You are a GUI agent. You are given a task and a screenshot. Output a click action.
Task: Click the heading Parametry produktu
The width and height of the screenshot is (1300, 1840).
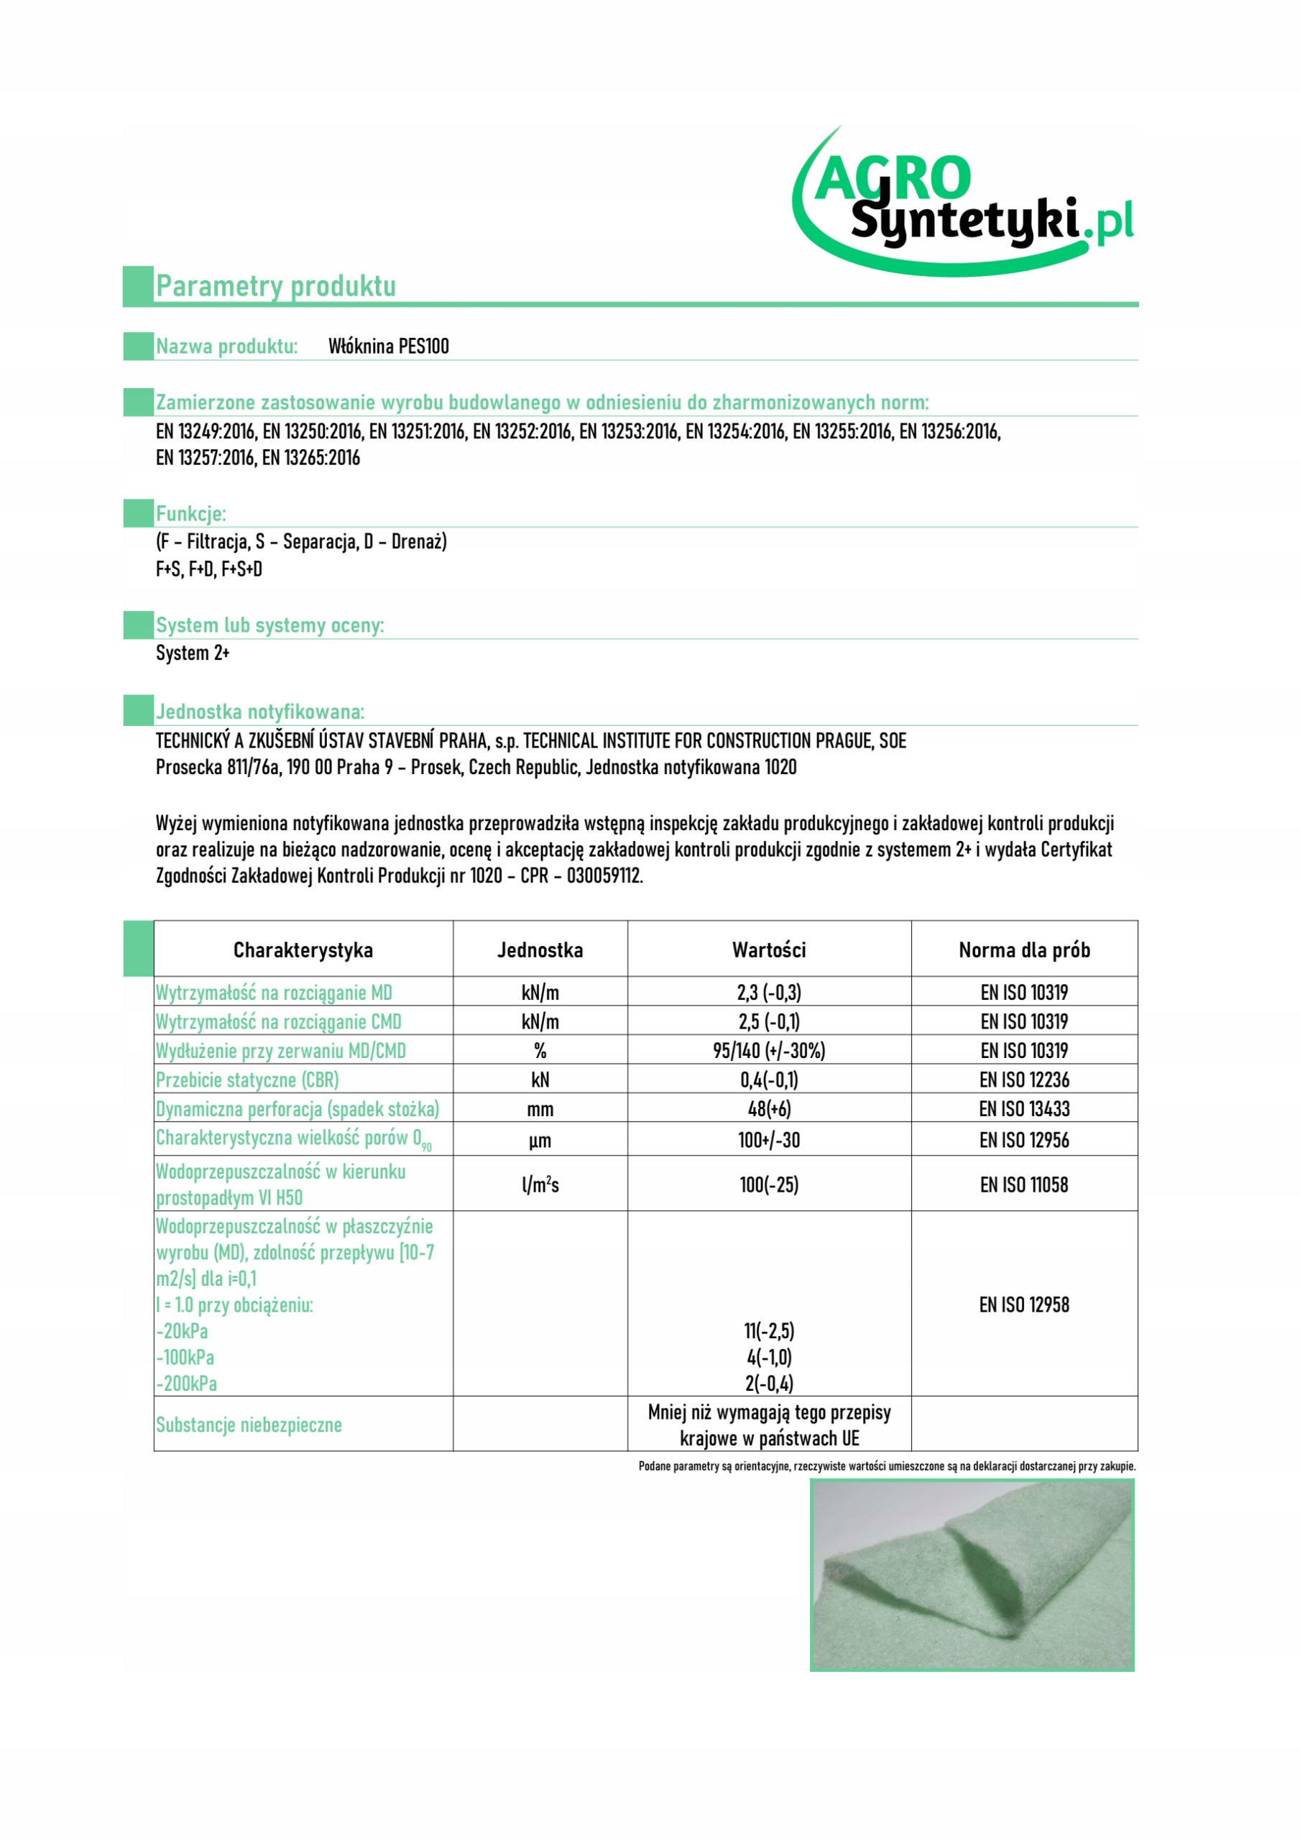(x=276, y=286)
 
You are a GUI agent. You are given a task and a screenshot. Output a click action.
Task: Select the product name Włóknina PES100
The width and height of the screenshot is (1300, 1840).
(x=389, y=346)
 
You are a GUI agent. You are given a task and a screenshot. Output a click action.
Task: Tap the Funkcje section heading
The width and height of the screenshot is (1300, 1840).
(x=190, y=514)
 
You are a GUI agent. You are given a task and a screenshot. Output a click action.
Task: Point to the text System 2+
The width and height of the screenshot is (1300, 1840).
(x=193, y=653)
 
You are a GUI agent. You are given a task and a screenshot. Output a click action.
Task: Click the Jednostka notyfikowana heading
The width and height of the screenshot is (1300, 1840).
(x=259, y=712)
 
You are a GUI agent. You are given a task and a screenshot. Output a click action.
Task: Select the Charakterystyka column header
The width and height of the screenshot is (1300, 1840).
(x=303, y=949)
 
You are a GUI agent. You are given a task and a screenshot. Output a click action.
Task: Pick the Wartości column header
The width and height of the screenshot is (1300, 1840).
(x=769, y=949)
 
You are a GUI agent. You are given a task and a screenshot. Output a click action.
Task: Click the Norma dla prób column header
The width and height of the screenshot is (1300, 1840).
(x=1023, y=949)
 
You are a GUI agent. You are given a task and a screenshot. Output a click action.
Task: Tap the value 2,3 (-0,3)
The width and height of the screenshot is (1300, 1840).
(x=769, y=993)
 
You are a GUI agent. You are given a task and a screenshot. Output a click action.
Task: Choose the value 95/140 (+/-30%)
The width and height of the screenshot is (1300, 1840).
(x=769, y=1051)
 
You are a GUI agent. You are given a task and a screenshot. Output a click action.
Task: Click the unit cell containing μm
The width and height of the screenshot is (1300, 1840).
(x=540, y=1141)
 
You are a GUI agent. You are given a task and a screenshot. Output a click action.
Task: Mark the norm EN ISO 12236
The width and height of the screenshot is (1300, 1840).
(x=1023, y=1080)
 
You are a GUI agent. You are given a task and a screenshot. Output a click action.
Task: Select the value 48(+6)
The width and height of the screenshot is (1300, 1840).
(x=769, y=1109)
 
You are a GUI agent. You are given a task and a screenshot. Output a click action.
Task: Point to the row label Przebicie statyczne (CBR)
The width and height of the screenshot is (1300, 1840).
(x=248, y=1080)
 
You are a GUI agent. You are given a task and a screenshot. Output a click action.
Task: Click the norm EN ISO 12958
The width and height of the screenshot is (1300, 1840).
(x=1023, y=1305)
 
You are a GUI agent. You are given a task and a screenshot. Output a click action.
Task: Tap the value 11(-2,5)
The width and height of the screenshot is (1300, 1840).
(x=769, y=1331)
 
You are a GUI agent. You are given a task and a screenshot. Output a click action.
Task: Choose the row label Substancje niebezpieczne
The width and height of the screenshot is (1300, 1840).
(x=249, y=1425)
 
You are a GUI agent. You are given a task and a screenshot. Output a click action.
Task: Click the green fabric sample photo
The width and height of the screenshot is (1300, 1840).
(x=972, y=1575)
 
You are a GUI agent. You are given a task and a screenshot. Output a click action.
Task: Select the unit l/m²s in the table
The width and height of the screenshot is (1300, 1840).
(x=540, y=1185)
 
